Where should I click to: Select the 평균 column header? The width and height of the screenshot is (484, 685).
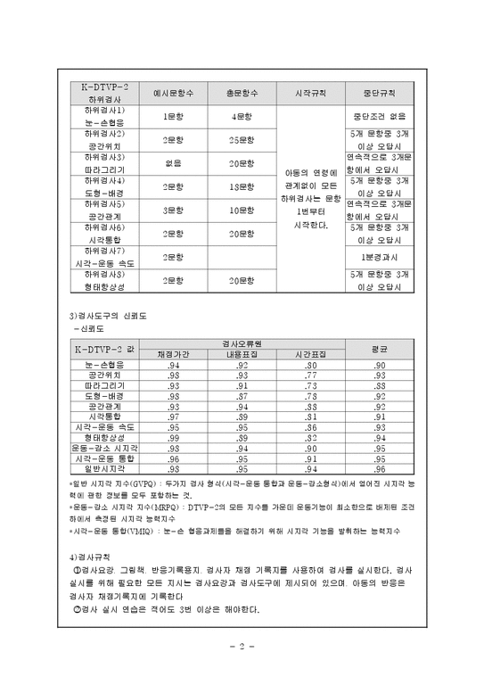(x=380, y=348)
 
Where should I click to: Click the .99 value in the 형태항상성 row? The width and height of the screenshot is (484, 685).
(x=174, y=439)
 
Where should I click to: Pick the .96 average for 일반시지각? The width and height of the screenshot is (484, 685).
(x=380, y=470)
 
